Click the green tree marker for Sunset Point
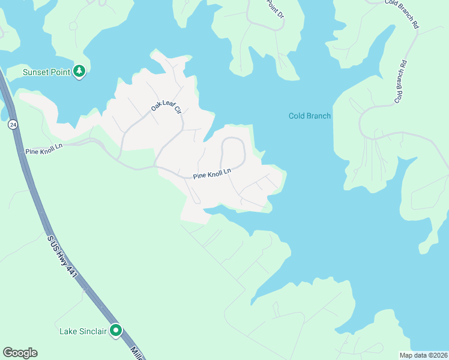click(x=79, y=72)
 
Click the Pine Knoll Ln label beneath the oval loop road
click(x=212, y=175)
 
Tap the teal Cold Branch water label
click(x=309, y=116)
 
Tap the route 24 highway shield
click(x=13, y=125)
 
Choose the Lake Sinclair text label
click(x=83, y=331)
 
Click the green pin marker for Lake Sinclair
click(x=116, y=330)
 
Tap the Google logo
click(x=20, y=353)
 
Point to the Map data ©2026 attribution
click(x=423, y=355)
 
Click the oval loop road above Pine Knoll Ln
click(x=233, y=153)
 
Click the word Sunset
click(x=35, y=72)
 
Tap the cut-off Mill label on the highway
click(x=136, y=353)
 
